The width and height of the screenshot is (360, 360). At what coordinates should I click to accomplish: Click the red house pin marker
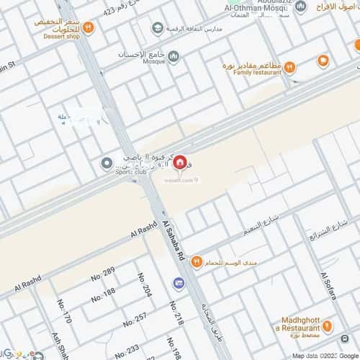tap(179, 164)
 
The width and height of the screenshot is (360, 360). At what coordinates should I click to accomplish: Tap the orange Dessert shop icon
tap(87, 28)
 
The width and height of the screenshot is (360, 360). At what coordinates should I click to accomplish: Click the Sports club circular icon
tap(107, 164)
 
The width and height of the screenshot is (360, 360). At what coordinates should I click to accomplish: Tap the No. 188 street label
tap(103, 294)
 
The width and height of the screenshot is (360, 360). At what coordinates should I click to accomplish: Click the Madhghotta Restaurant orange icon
tap(327, 326)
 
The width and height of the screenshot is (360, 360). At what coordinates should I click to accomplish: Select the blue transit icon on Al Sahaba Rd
tap(177, 284)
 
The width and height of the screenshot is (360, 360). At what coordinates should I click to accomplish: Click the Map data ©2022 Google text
tap(323, 356)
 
